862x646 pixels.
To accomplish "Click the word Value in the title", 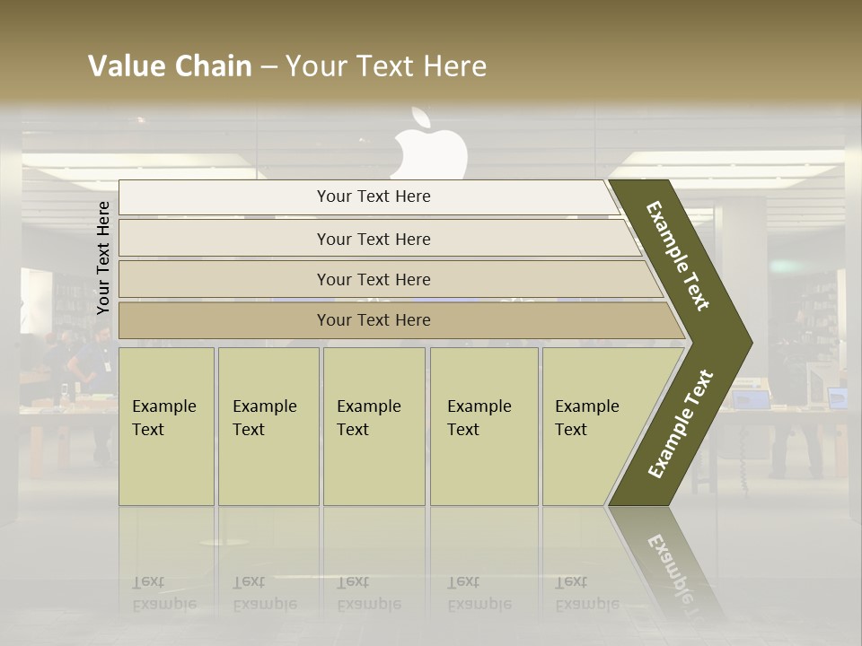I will pyautogui.click(x=125, y=66).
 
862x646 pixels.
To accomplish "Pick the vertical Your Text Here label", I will pyautogui.click(x=103, y=258).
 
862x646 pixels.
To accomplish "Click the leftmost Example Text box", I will pyautogui.click(x=166, y=425).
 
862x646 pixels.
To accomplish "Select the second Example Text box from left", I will pyautogui.click(x=268, y=425).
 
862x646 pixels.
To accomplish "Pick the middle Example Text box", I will pyautogui.click(x=374, y=425).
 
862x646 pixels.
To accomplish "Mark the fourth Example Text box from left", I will pyautogui.click(x=484, y=425).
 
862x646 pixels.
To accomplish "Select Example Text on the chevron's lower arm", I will pyautogui.click(x=681, y=423).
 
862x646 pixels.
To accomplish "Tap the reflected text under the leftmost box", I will pyautogui.click(x=164, y=594).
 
